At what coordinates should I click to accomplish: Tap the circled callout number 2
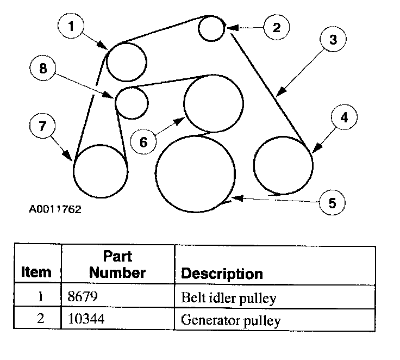click(276, 28)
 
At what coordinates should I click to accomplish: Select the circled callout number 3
click(332, 40)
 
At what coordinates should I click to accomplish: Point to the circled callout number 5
click(332, 203)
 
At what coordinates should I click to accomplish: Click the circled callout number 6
click(143, 142)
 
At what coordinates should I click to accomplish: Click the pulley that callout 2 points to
click(211, 28)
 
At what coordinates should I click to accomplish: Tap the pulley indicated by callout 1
click(126, 61)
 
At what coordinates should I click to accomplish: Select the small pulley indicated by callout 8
click(132, 102)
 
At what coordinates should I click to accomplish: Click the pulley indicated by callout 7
click(100, 171)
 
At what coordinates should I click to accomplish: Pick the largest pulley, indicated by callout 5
click(196, 174)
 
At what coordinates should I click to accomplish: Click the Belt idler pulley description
click(229, 298)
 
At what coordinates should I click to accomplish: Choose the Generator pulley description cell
click(231, 320)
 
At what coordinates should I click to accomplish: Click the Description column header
click(221, 273)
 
